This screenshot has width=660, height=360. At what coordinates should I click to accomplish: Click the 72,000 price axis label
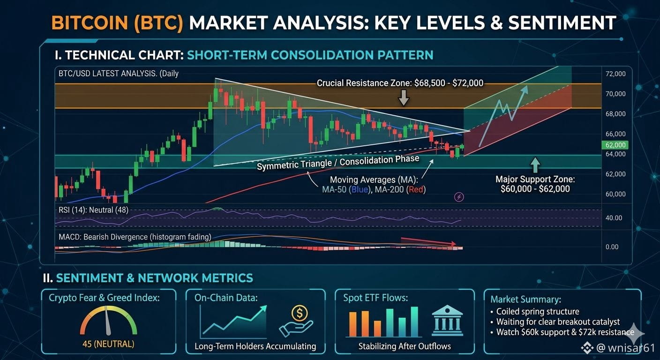coord(615,74)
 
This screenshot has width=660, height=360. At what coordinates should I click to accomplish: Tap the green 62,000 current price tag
coord(615,145)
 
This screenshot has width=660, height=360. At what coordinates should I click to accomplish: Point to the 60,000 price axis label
coord(615,194)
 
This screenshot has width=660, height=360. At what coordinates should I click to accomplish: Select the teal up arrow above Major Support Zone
coord(535,165)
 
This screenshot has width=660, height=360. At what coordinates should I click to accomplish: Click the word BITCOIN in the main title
coord(90,22)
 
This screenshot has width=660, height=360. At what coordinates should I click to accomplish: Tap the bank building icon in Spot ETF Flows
coord(447,321)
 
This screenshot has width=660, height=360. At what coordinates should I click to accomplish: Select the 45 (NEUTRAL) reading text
coord(108,344)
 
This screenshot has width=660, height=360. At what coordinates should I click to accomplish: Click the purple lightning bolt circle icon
coord(459,197)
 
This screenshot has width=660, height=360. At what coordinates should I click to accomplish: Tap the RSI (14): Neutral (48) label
coord(93,210)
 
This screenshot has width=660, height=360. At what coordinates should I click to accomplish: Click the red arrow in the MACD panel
coord(428,241)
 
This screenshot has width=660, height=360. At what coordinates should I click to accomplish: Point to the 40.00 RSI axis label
coord(614,218)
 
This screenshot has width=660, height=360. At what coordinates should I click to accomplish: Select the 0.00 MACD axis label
coord(612,247)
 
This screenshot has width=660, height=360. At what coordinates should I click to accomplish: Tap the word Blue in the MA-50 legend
coord(360,189)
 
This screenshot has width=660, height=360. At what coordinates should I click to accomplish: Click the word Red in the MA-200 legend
coord(416,189)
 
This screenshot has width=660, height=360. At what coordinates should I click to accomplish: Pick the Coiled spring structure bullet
coord(535,311)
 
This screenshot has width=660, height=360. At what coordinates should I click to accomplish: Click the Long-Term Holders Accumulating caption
coord(255,346)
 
